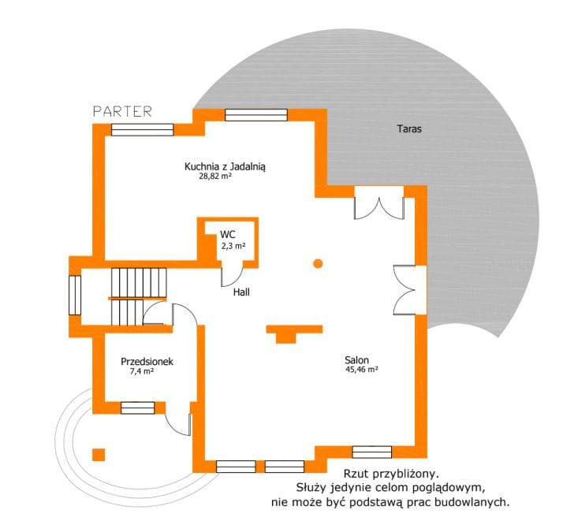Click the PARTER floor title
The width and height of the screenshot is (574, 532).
click(123, 111)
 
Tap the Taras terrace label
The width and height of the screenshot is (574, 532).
click(409, 128)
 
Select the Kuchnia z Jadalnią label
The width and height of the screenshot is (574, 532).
click(225, 167)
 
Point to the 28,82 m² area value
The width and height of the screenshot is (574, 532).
click(215, 177)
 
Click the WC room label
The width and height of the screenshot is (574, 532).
click(228, 234)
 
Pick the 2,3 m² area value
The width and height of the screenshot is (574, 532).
click(233, 246)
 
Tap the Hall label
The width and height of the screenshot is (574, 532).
click(241, 292)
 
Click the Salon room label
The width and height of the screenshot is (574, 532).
click(356, 359)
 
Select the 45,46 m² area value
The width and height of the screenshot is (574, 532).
click(362, 369)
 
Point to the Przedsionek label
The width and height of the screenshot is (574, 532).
click(147, 362)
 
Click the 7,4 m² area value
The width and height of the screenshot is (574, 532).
click(141, 371)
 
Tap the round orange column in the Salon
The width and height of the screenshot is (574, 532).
click(318, 263)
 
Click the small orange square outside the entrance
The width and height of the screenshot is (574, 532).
click(99, 455)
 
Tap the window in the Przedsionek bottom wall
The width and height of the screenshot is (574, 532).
click(138, 408)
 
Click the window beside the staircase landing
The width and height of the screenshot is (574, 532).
click(75, 295)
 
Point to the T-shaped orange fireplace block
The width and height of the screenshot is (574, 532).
click(294, 333)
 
